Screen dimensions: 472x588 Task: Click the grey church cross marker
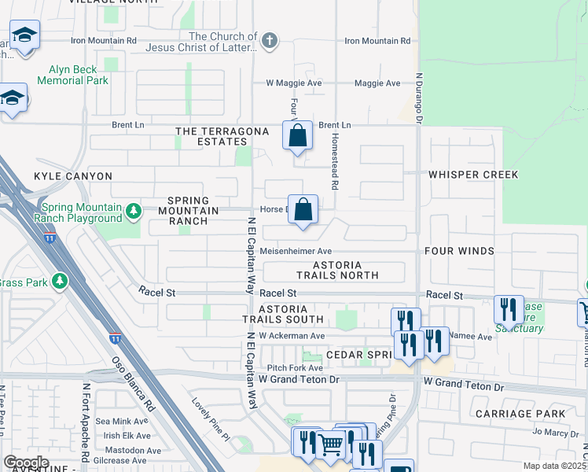[270, 42]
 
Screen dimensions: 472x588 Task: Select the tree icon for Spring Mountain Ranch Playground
[133, 211]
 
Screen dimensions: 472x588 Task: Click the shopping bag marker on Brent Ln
[298, 135]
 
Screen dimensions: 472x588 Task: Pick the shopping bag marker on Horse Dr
[303, 210]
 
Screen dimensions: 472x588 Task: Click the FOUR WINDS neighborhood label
[459, 251]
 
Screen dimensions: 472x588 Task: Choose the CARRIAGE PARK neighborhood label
[520, 413]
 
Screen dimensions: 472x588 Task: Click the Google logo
[26, 462]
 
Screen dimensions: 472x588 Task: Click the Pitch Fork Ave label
[295, 367]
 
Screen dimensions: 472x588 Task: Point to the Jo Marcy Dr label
[555, 431]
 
